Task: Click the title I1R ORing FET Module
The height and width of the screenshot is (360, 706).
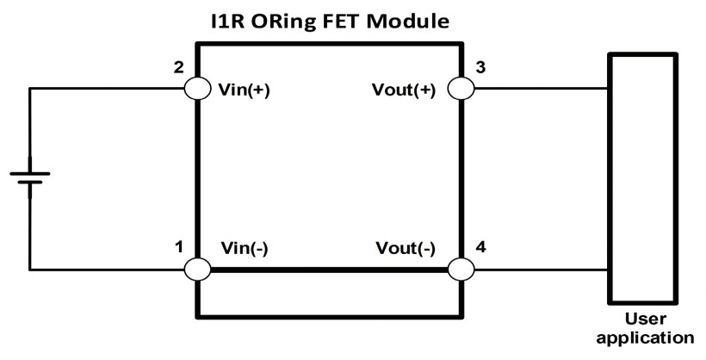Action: (x=331, y=18)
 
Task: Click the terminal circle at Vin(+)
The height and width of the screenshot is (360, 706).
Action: (x=197, y=89)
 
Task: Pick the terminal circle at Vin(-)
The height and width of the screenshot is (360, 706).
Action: (x=197, y=270)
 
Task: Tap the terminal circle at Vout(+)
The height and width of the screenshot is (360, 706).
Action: (x=461, y=89)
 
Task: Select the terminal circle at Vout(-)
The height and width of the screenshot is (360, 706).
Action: (x=461, y=270)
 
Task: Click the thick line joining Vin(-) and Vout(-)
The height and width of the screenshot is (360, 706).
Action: (x=329, y=270)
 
